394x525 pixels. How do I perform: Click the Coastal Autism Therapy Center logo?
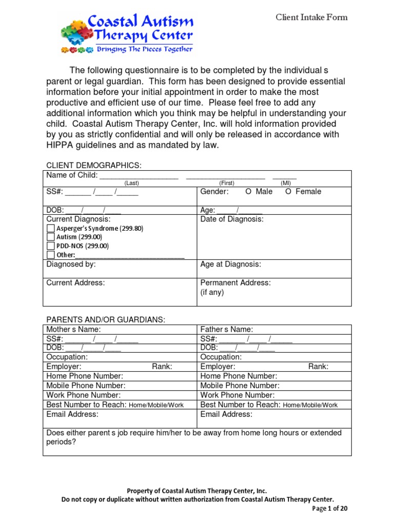tap(127, 32)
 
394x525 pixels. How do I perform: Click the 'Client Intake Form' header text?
tap(311, 17)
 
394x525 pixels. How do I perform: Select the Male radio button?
tap(248, 192)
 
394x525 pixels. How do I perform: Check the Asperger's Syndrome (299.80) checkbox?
tap(50, 228)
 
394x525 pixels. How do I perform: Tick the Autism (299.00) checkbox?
tap(50, 237)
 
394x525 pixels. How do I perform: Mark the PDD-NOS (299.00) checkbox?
tap(50, 246)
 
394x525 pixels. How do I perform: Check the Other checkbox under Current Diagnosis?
tap(50, 255)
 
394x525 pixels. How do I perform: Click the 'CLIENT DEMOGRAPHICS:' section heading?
tap(94, 165)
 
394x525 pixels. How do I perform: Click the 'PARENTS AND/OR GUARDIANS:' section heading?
tap(106, 319)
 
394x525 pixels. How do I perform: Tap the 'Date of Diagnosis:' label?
tap(232, 219)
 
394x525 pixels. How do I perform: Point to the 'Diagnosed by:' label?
tap(71, 265)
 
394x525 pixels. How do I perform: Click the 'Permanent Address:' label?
tap(235, 282)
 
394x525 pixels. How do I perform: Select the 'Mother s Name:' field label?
tap(73, 329)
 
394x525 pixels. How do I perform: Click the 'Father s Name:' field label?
tap(227, 329)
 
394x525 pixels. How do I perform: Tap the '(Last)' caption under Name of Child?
tap(132, 183)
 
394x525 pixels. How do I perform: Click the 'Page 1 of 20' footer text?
tap(330, 509)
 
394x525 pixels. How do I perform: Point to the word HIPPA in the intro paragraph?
tap(61, 145)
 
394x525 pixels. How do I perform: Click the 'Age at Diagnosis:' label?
tap(230, 265)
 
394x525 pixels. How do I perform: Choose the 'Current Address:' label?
tap(75, 282)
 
